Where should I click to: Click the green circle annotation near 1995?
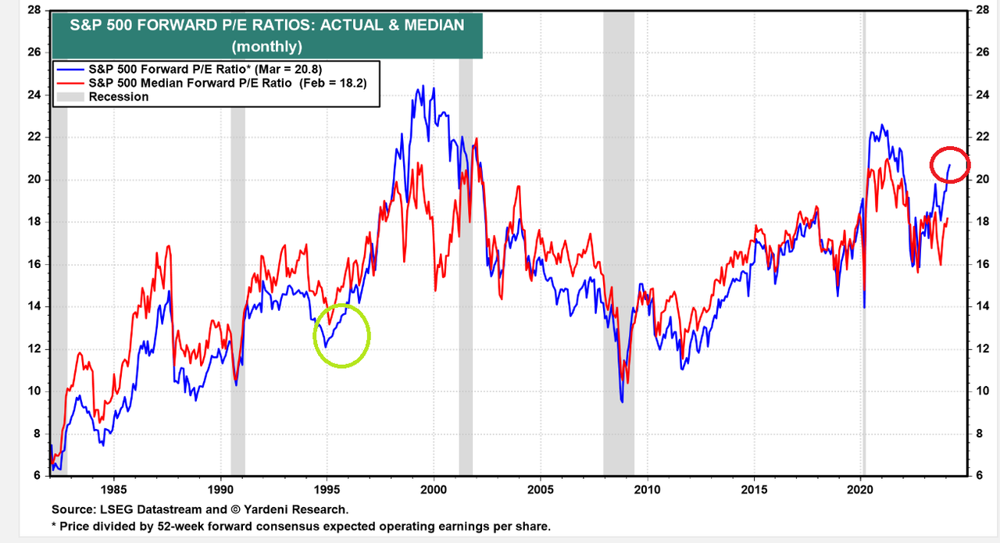coord(341,336)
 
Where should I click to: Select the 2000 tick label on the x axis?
coord(434,490)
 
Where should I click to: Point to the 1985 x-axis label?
coord(113,490)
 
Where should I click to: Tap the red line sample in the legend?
coord(70,83)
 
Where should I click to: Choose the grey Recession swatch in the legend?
coord(70,97)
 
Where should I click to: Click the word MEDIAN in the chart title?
coord(427,25)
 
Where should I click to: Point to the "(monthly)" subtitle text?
coord(268,46)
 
